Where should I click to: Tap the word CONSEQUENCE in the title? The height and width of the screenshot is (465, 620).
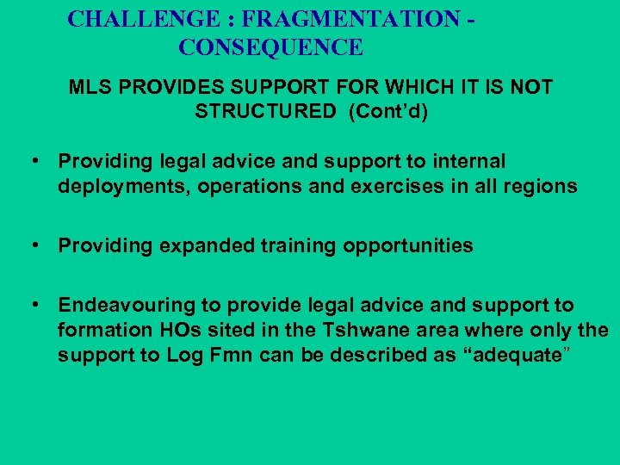(270, 47)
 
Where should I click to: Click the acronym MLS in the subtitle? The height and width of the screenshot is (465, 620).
(89, 87)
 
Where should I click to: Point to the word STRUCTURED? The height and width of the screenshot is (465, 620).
(265, 111)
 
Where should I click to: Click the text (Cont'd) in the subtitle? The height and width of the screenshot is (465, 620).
(388, 111)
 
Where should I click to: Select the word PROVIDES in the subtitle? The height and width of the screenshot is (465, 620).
(163, 87)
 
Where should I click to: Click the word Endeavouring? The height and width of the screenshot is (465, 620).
(120, 305)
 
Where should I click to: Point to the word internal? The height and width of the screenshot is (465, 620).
(470, 161)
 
